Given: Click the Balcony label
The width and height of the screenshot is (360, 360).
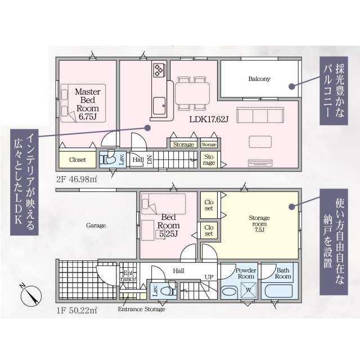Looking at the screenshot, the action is point(259,79).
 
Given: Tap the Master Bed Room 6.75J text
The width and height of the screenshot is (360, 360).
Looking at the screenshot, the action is point(88,104).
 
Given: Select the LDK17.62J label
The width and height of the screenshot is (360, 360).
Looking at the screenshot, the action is point(209,119).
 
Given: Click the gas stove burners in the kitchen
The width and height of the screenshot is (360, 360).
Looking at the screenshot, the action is point(158,70).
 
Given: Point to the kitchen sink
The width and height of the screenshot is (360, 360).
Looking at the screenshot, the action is point(159,106).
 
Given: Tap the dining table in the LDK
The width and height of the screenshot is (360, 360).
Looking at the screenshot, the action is point(192,93).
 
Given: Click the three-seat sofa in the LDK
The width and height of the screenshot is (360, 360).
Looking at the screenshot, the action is point(260,115).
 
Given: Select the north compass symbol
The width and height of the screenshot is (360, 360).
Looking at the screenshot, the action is point(31,295).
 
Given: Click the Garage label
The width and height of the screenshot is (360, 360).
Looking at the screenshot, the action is point(96,226).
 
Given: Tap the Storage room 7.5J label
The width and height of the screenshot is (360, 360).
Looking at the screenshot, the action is point(259,224).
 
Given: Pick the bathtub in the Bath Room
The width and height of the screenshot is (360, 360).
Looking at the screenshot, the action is point(279,291).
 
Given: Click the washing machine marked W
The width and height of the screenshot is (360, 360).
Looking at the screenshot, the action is point(249,290).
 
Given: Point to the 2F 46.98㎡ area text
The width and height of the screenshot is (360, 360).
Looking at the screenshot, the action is point(76,179).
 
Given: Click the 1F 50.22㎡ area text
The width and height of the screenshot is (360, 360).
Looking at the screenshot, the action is point(76,310).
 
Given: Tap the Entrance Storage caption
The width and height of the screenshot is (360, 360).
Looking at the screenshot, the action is point(141,309).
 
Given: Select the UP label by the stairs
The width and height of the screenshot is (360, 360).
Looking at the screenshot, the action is point(209,277).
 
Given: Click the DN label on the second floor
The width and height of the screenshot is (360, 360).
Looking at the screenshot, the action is point(150,159).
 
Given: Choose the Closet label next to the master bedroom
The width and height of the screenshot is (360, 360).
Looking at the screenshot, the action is point(77,160).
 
